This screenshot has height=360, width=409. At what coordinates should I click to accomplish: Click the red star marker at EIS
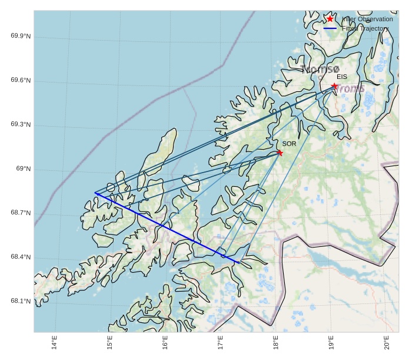pos(334,86)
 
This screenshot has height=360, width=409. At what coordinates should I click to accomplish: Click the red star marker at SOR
pos(280,153)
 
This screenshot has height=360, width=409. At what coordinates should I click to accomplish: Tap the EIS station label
pos(342,77)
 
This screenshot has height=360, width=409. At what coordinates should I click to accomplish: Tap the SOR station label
pos(289,144)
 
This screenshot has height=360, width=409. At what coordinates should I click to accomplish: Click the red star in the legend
pos(330,19)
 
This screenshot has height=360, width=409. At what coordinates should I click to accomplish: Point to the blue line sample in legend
pos(330,28)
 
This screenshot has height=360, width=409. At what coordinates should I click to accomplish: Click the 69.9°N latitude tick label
pos(21,37)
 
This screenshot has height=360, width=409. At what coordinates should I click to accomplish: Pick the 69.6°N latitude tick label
pos(21,81)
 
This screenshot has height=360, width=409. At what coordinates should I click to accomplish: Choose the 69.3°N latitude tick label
pos(21,125)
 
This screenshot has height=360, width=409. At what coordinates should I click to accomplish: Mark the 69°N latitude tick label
pos(24,169)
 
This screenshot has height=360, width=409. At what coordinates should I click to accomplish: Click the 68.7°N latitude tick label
pos(21,213)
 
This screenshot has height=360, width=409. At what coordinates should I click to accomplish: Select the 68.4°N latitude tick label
pos(21,257)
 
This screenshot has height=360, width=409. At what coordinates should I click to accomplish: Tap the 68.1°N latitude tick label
pos(21,302)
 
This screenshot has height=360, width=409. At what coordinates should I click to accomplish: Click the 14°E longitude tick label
pos(54,342)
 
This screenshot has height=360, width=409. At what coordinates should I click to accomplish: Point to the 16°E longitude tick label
pos(165,342)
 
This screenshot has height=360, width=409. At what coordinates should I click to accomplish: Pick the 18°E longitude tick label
pos(275,342)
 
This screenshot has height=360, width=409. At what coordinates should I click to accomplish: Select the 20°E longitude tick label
pos(386,342)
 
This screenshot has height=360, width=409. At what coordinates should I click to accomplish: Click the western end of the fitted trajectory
pos(95,193)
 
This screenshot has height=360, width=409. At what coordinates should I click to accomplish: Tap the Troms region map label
pos(351,88)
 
